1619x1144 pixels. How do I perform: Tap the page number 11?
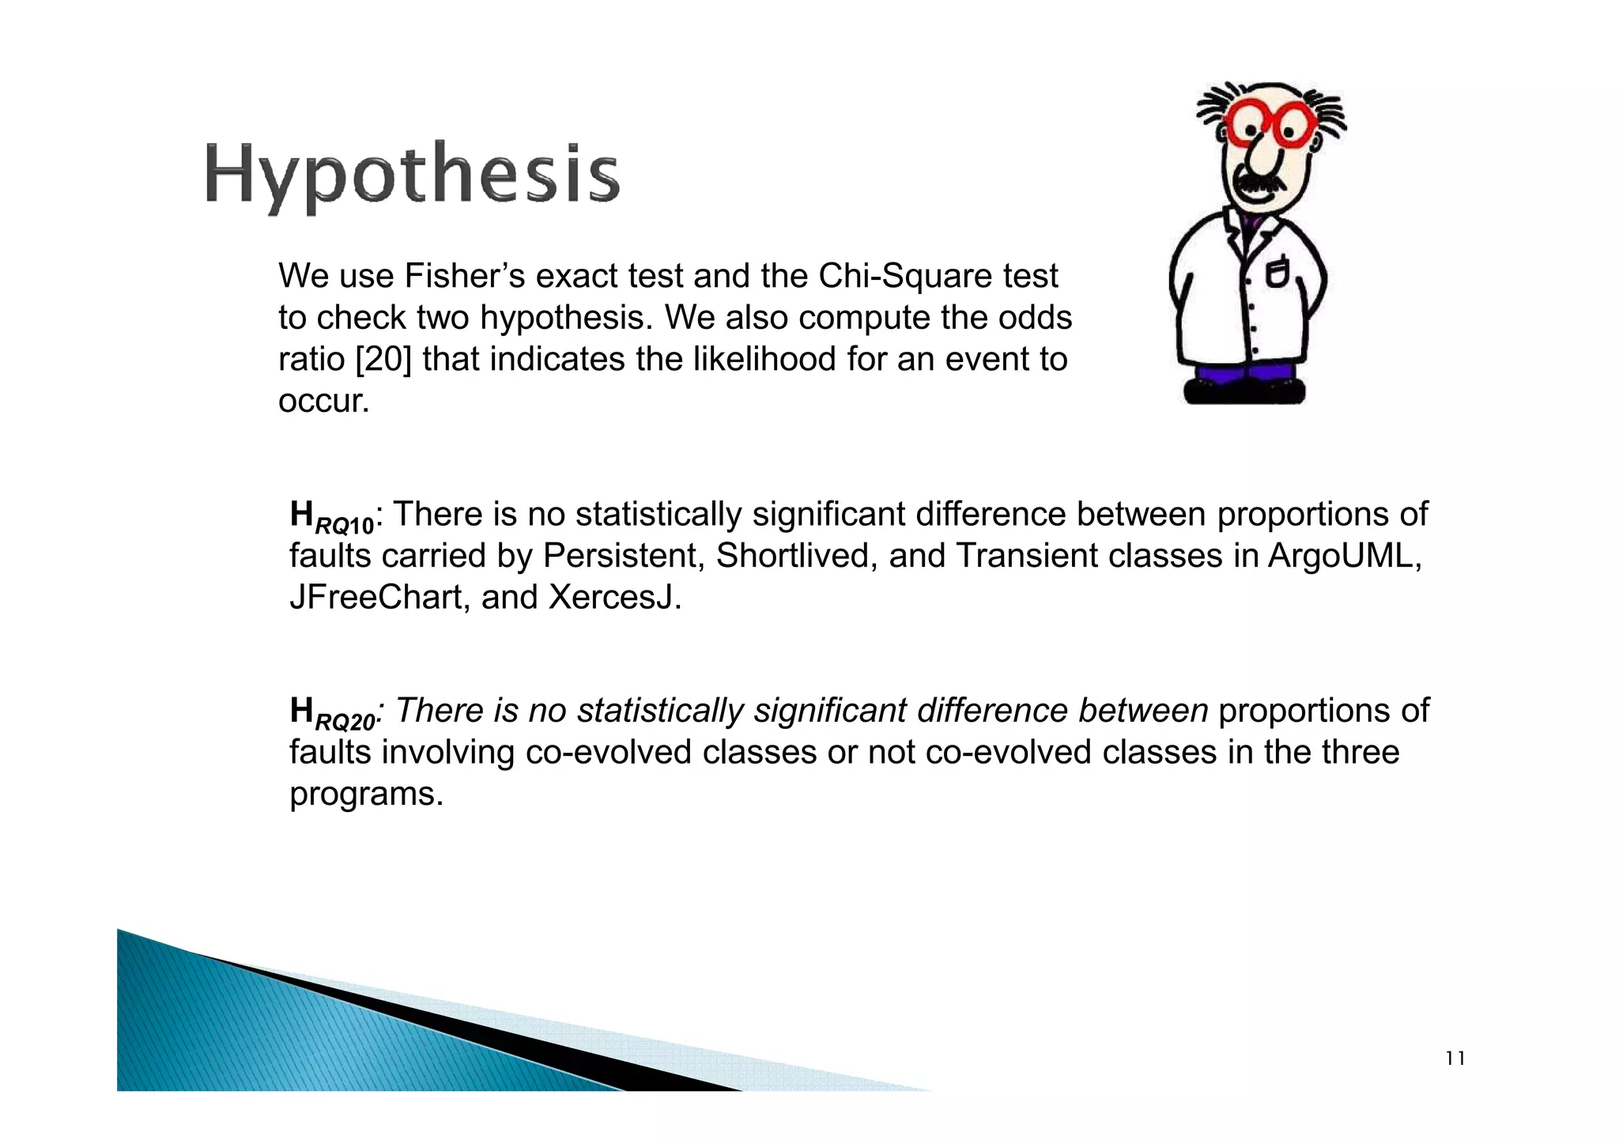[x=1455, y=1059]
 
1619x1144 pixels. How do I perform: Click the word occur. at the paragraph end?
[x=324, y=402]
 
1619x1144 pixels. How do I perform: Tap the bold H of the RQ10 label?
[x=302, y=514]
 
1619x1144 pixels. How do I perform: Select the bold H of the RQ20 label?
[x=302, y=710]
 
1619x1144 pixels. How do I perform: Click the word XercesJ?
[x=615, y=598]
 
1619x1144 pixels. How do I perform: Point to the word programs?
[x=366, y=794]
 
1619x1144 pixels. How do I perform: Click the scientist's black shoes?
[x=1244, y=392]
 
